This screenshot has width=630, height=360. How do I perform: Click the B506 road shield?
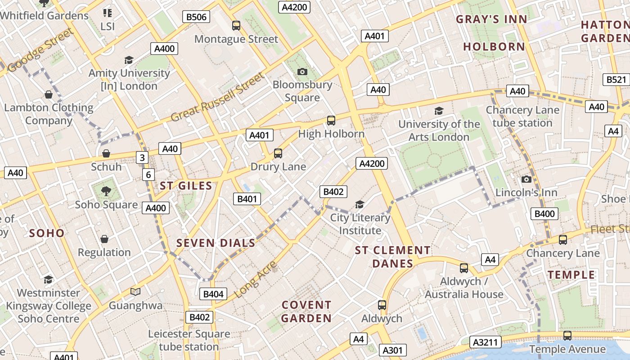(x=196, y=17)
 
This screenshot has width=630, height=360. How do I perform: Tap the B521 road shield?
(x=616, y=80)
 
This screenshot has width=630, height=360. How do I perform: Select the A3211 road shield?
(x=486, y=342)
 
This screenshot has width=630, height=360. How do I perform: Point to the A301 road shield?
(x=392, y=350)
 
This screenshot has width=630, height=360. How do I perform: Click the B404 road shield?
(x=213, y=294)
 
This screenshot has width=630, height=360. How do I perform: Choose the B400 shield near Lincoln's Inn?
(x=544, y=214)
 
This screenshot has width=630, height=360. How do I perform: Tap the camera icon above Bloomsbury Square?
(x=302, y=72)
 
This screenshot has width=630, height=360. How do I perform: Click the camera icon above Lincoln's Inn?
(x=526, y=180)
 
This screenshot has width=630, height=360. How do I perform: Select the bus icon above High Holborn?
(x=331, y=121)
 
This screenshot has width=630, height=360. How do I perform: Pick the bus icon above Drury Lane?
(x=278, y=153)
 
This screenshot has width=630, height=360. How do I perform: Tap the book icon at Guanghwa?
(x=135, y=292)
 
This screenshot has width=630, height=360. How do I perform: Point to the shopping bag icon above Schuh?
(x=106, y=154)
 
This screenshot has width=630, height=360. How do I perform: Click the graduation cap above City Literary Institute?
(x=360, y=205)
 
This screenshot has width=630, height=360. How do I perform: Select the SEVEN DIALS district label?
(x=216, y=243)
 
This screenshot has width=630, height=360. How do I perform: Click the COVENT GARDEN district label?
(x=306, y=311)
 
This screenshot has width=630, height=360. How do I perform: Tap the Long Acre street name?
(x=256, y=279)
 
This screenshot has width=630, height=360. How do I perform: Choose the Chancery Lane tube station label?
(x=522, y=117)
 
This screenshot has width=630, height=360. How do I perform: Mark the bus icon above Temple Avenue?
(x=567, y=336)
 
